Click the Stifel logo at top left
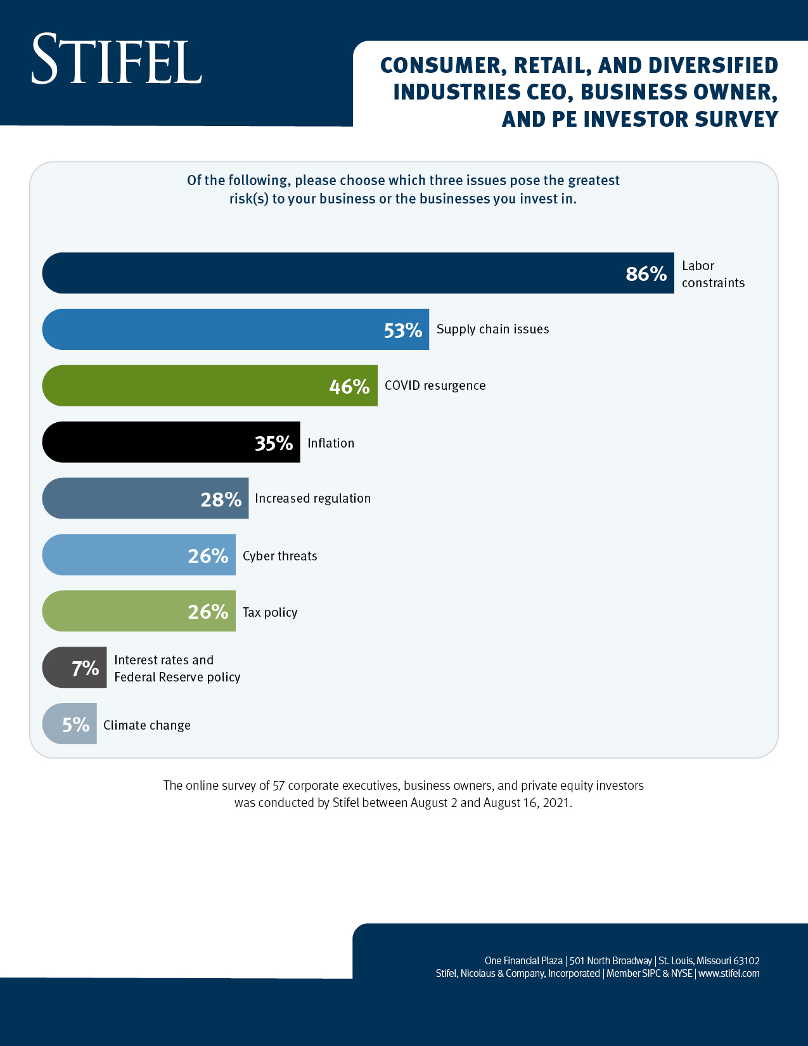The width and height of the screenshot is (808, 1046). click(x=117, y=60)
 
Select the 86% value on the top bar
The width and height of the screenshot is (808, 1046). click(x=646, y=274)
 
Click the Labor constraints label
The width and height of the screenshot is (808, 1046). click(x=712, y=274)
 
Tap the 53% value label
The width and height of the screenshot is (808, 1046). click(x=403, y=330)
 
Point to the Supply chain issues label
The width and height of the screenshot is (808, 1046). click(x=492, y=329)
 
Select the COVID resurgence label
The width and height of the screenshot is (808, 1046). click(x=435, y=385)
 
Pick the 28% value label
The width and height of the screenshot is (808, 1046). click(x=221, y=500)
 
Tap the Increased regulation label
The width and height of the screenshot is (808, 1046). click(x=312, y=498)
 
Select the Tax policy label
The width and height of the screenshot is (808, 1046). click(x=270, y=612)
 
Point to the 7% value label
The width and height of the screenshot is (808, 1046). click(x=85, y=668)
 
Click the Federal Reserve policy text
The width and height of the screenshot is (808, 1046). click(x=177, y=677)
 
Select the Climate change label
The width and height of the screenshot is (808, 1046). click(x=146, y=725)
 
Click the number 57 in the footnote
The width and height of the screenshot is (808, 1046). click(x=278, y=785)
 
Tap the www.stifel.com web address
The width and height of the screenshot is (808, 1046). click(x=728, y=973)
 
